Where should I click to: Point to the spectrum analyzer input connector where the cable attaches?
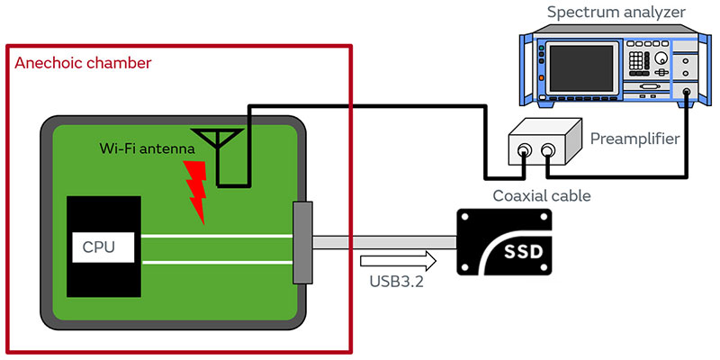pos(688,91)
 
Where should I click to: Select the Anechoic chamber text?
pos(83,63)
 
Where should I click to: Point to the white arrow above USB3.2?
pos(397,261)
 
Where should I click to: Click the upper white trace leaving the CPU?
pos(216,237)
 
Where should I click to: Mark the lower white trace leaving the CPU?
pos(216,262)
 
